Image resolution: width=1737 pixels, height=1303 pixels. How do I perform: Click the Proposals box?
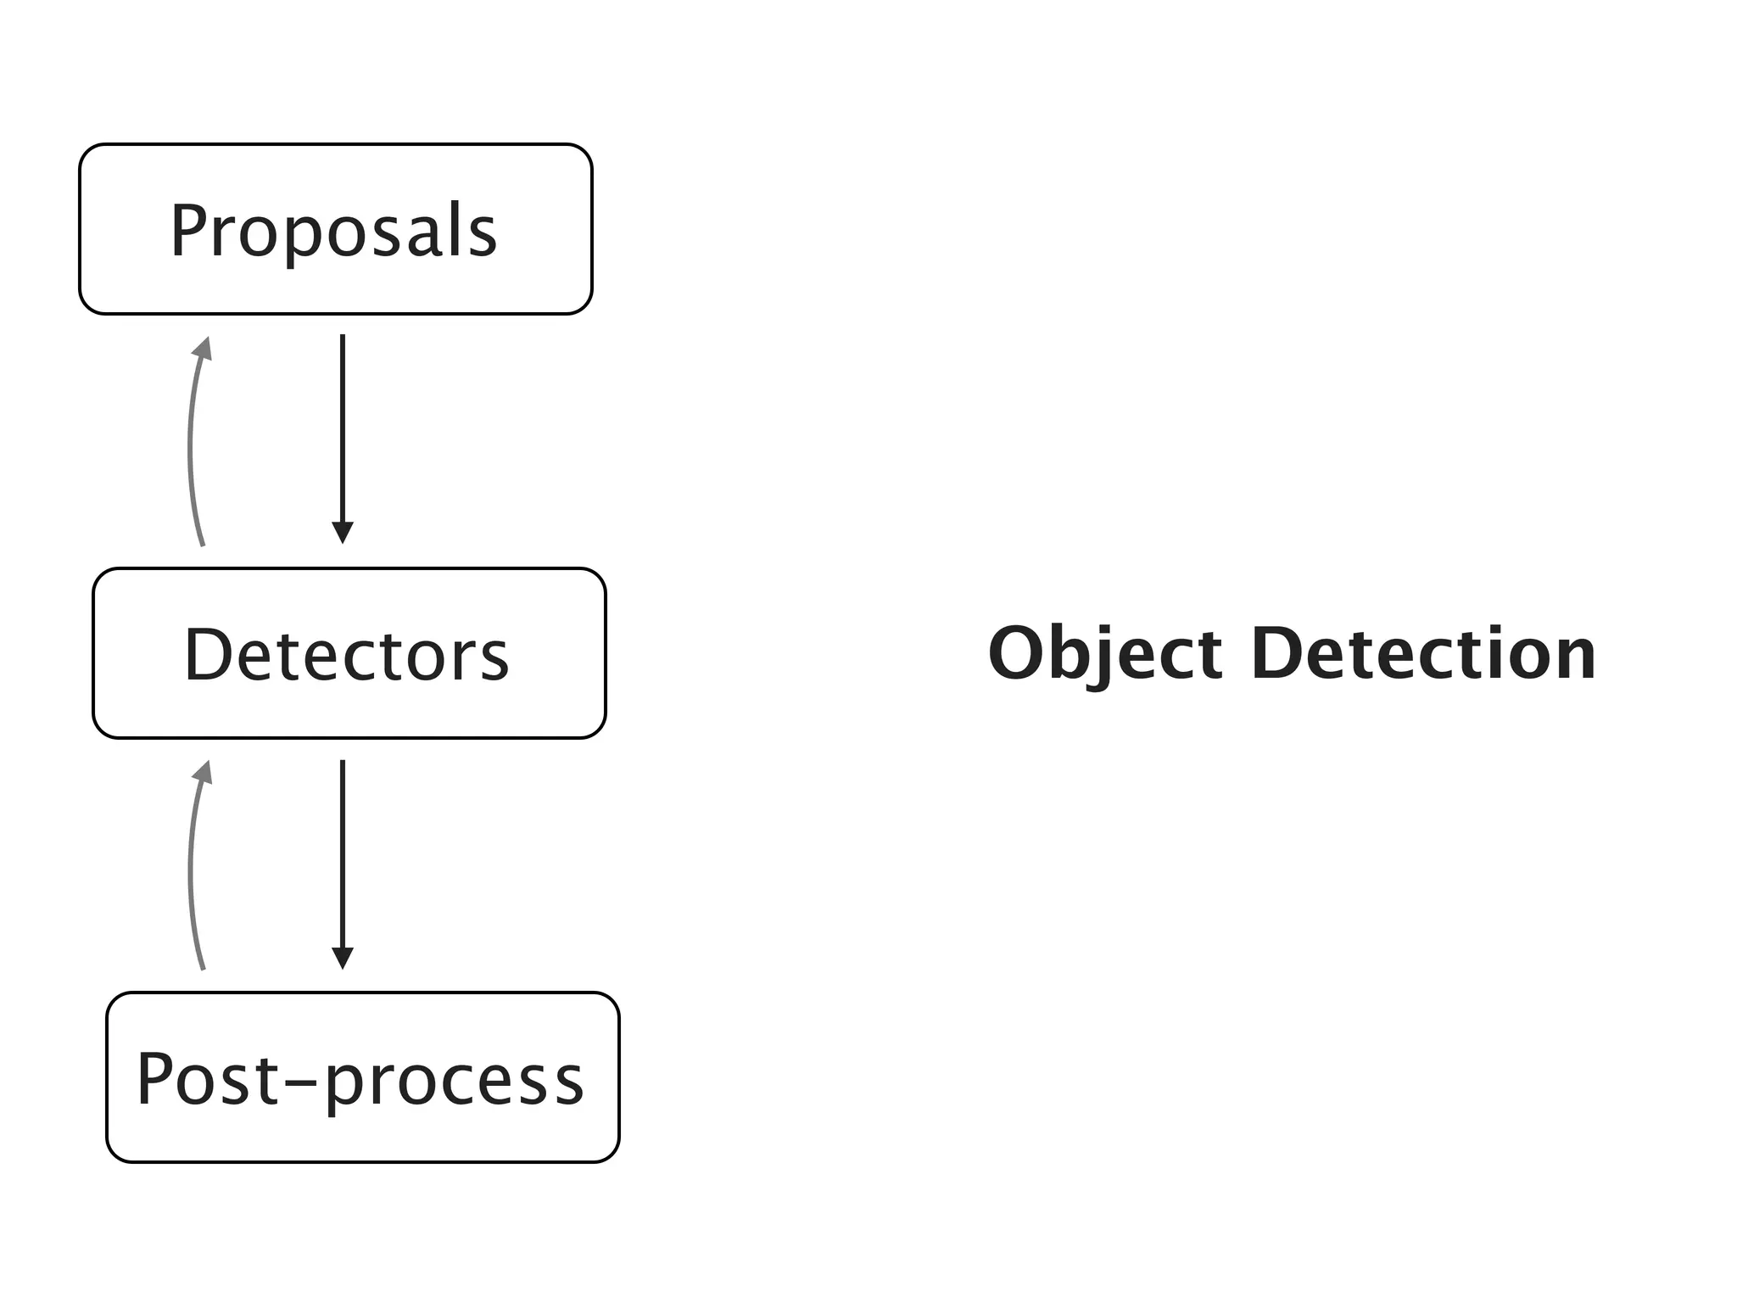[335, 229]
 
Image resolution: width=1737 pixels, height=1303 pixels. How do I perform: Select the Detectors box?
[349, 653]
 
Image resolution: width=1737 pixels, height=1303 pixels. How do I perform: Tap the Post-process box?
[362, 1077]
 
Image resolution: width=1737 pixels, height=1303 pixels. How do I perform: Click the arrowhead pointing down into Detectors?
[342, 533]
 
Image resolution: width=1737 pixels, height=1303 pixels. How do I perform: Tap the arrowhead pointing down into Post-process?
[342, 958]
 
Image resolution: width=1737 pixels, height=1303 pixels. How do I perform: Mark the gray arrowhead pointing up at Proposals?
[203, 349]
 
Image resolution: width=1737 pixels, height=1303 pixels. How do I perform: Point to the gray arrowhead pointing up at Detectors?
[203, 772]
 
